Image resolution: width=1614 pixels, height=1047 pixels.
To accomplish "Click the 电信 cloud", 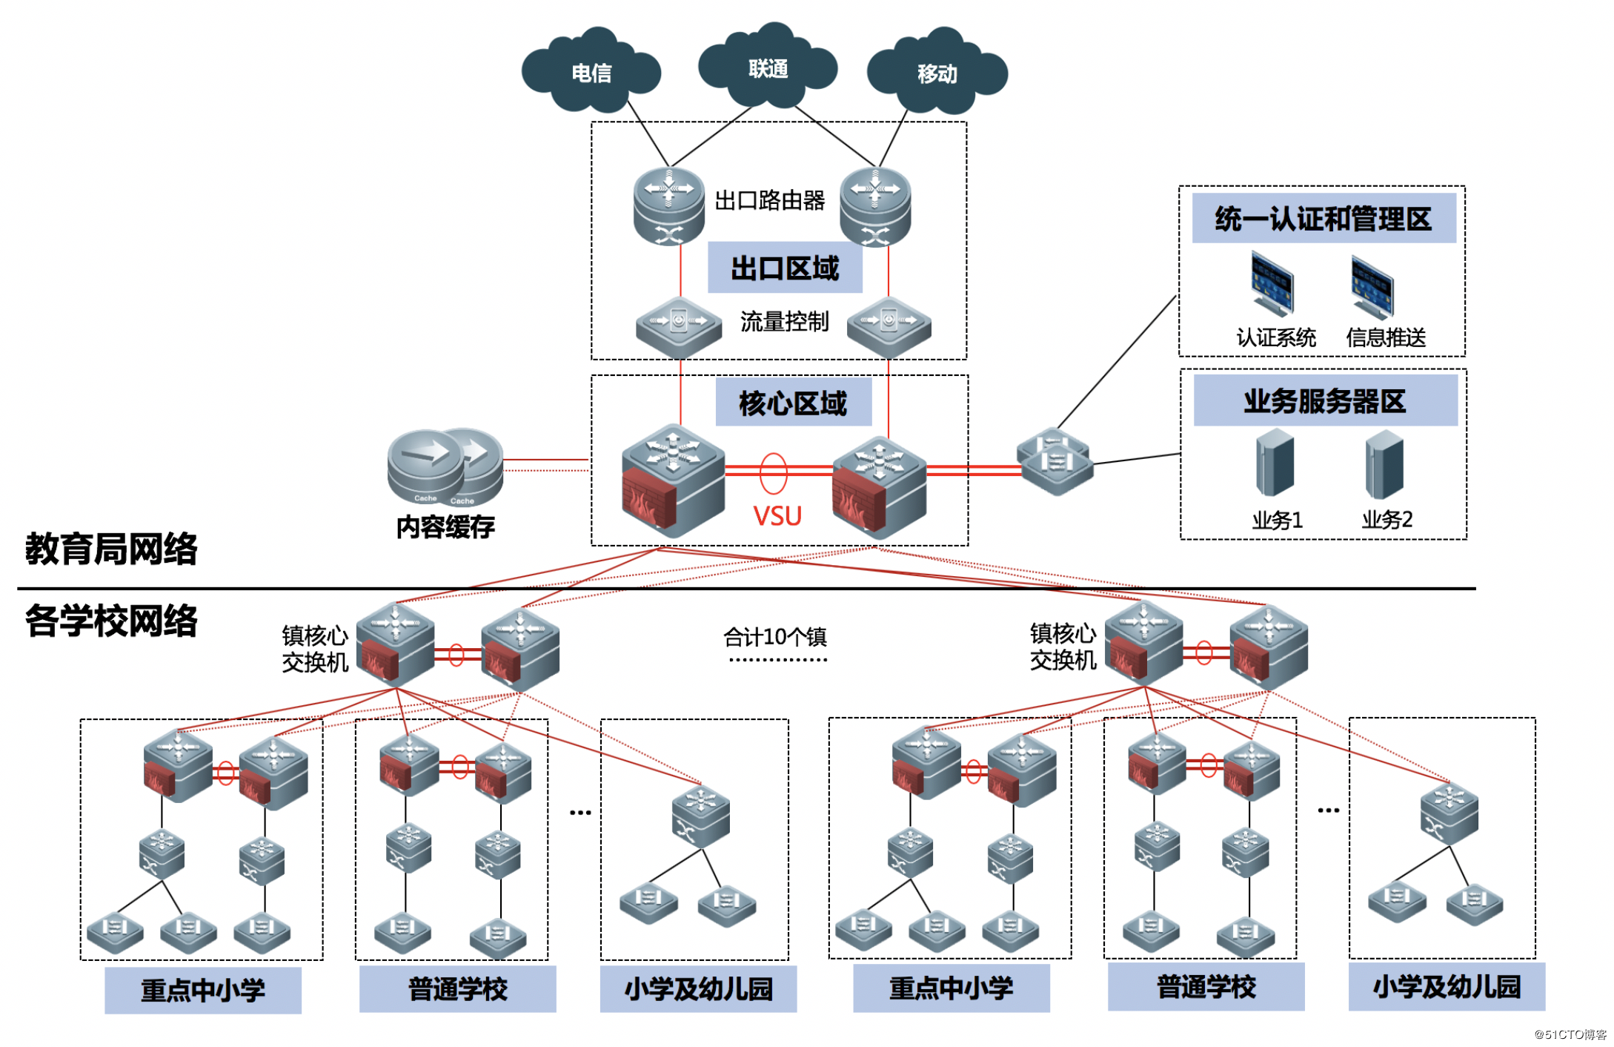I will click(x=591, y=72).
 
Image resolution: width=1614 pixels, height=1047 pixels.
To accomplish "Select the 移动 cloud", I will click(x=937, y=73).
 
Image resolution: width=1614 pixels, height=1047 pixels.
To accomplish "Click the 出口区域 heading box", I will click(x=784, y=268).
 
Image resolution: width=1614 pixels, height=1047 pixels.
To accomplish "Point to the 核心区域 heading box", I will click(x=793, y=403).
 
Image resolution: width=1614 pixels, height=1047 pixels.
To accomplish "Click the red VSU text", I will click(x=777, y=515).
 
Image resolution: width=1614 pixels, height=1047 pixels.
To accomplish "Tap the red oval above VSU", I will click(x=773, y=473).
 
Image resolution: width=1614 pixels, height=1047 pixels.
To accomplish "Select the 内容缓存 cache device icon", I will click(x=445, y=467).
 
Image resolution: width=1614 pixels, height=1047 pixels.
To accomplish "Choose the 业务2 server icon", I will click(x=1384, y=466).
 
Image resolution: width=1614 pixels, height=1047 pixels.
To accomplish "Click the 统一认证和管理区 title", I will click(x=1323, y=219).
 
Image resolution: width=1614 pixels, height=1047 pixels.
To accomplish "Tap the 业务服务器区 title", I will click(x=1324, y=401).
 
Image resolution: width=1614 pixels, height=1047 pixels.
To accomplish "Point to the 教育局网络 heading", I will click(x=111, y=549).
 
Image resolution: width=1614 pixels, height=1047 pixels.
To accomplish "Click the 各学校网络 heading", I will click(x=111, y=621).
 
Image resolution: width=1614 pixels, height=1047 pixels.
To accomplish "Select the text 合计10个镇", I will click(x=774, y=636).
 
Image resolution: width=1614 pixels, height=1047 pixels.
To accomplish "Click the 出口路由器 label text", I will click(x=769, y=200).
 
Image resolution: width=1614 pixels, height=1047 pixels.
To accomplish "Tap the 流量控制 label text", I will click(x=784, y=321).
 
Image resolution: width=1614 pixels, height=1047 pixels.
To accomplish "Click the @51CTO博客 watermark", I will click(x=1570, y=1034).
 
